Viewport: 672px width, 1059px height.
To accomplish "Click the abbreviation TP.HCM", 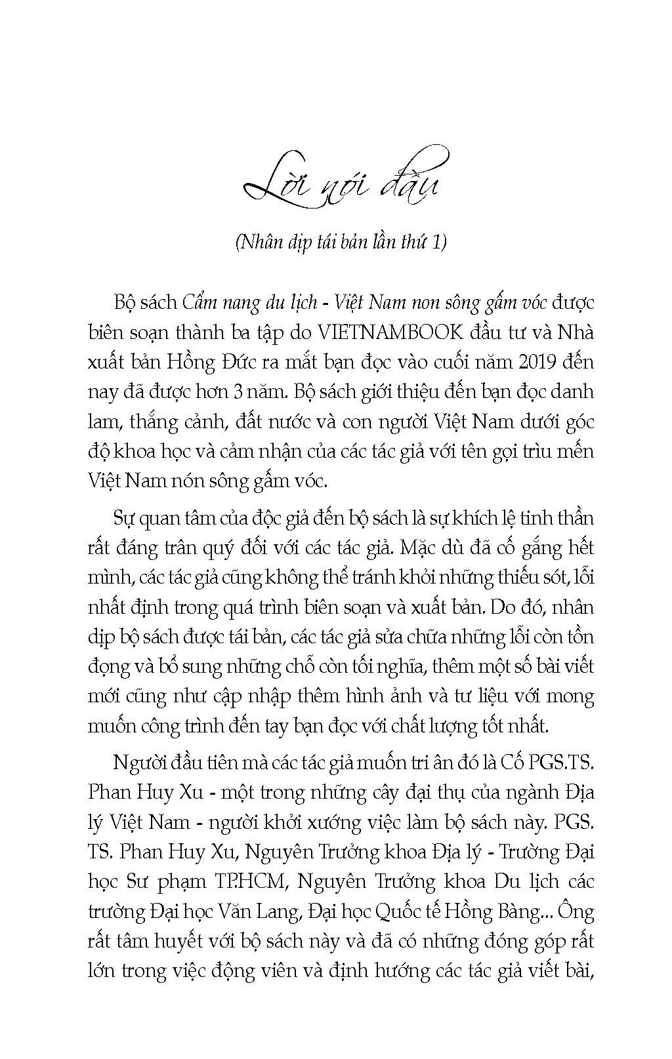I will click(x=249, y=882).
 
